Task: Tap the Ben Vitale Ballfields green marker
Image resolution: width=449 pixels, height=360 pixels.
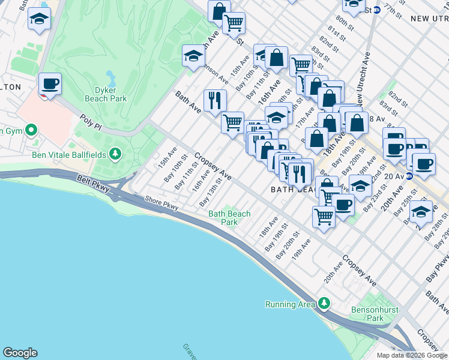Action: (115, 155)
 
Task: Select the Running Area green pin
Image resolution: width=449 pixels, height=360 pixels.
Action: (325, 304)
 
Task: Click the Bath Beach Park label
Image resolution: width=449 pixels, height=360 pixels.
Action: (229, 217)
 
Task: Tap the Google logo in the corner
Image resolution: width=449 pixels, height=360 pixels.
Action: (20, 353)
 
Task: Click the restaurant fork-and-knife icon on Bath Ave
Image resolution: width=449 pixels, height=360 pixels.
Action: (214, 100)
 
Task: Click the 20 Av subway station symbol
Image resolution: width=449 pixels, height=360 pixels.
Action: (409, 176)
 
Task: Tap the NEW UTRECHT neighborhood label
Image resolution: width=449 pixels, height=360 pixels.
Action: (429, 19)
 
